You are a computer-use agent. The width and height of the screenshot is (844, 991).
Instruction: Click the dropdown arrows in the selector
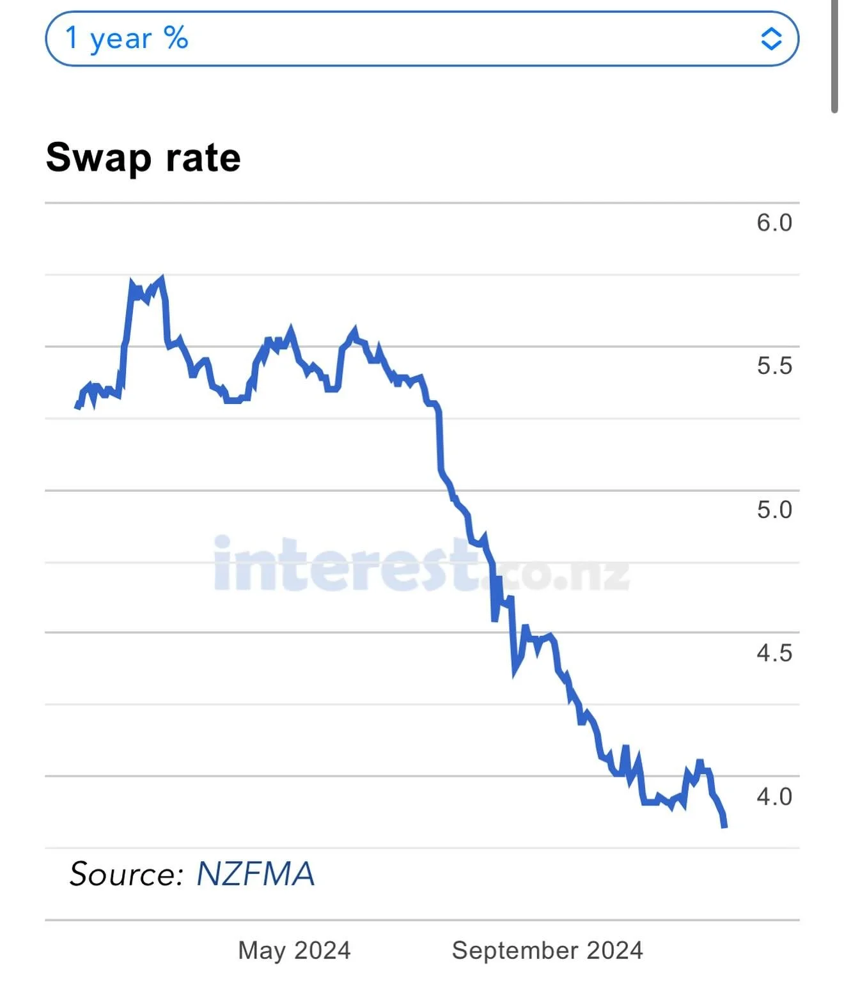click(x=771, y=39)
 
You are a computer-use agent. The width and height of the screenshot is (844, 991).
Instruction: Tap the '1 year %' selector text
click(x=127, y=38)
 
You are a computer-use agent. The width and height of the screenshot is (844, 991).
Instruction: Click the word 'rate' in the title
click(x=203, y=158)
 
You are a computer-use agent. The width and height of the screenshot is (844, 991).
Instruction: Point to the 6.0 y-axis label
click(x=774, y=222)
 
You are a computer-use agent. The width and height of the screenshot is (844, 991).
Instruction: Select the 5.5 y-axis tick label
click(x=774, y=366)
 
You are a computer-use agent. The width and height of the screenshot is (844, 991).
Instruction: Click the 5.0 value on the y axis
click(x=774, y=510)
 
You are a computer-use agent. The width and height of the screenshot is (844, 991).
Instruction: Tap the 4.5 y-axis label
click(x=774, y=653)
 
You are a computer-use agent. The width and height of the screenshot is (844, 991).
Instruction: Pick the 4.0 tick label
click(x=774, y=797)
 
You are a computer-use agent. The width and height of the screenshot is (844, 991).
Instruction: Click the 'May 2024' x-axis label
click(x=294, y=950)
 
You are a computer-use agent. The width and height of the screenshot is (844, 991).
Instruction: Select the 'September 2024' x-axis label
click(x=547, y=950)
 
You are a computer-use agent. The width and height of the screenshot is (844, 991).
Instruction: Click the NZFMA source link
click(x=255, y=873)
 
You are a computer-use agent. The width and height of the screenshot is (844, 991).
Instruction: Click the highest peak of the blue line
click(x=162, y=278)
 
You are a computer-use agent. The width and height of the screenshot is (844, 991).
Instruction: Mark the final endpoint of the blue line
click(x=724, y=826)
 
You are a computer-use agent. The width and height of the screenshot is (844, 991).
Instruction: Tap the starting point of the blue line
click(x=77, y=406)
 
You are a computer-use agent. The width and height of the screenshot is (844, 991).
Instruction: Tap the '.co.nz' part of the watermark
click(x=556, y=572)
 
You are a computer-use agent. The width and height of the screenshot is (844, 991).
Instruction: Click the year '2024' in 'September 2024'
click(x=614, y=950)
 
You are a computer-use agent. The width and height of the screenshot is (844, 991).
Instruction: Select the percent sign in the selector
click(x=176, y=38)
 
